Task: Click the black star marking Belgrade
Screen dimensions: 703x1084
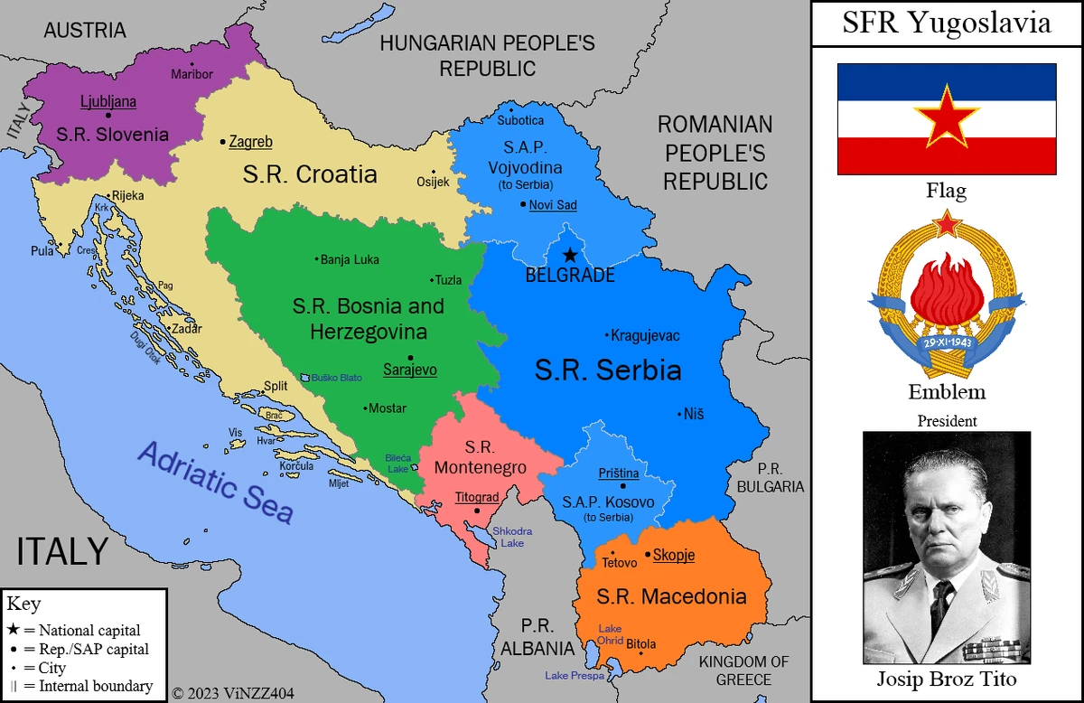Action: tap(570, 256)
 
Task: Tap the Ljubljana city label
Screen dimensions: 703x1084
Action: tap(108, 101)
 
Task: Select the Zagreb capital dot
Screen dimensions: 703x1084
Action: tap(223, 142)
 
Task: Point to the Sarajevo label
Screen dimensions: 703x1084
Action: tap(410, 369)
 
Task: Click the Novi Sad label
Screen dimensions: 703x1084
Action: tap(553, 205)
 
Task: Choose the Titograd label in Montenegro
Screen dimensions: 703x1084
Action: tap(477, 497)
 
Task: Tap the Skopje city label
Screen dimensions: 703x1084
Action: tap(674, 555)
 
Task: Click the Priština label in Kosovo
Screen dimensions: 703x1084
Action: tap(619, 473)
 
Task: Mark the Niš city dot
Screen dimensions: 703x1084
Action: tap(679, 415)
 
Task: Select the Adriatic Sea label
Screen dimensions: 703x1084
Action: tap(216, 482)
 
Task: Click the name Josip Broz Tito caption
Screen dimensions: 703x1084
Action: tap(947, 679)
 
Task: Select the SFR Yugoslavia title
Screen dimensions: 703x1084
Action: tap(947, 23)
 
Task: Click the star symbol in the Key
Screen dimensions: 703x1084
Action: tap(14, 630)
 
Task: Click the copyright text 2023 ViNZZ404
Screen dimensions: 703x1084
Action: tap(233, 694)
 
